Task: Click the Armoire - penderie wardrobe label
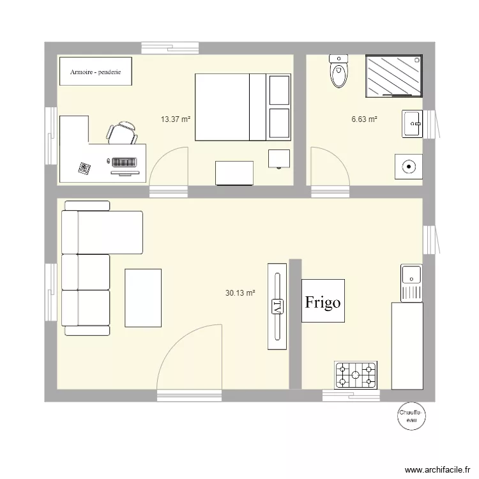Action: (x=96, y=71)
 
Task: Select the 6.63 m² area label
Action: (x=364, y=119)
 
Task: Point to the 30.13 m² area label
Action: (x=240, y=293)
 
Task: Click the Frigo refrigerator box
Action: (x=323, y=301)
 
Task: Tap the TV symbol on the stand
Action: (x=277, y=306)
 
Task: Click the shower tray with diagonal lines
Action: (x=394, y=76)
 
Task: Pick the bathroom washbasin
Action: (x=413, y=123)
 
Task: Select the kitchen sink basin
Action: (x=412, y=275)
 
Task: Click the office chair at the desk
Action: (x=121, y=133)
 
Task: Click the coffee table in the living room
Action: (x=143, y=298)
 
